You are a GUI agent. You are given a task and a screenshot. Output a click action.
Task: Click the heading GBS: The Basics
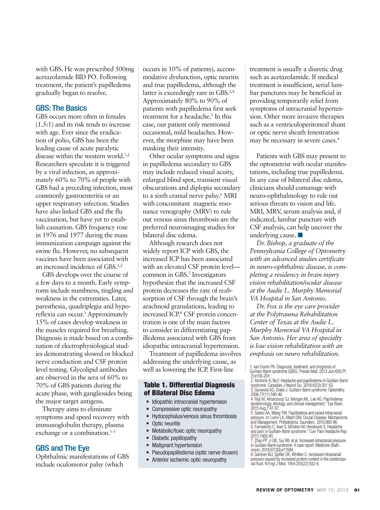[x=61, y=108]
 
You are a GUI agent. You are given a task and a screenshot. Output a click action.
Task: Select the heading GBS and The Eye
[x=62, y=448]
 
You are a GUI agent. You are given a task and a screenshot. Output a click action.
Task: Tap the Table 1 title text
[x=189, y=389]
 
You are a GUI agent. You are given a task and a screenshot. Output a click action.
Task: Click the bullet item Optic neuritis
[x=166, y=423]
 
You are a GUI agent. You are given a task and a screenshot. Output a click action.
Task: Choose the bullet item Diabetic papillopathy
[x=174, y=438]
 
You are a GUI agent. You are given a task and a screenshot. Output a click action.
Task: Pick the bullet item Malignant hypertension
[x=177, y=445]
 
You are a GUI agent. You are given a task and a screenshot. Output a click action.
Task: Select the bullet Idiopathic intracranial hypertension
[x=189, y=402]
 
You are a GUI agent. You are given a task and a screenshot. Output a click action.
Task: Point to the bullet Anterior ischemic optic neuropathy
[x=189, y=460]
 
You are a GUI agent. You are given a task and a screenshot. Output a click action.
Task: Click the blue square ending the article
[x=301, y=235]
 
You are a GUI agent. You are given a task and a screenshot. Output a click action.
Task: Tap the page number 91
[x=357, y=490]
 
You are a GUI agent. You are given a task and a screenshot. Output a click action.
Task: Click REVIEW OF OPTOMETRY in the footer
[x=285, y=490]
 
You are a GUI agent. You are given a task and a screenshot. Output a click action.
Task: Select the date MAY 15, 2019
[x=332, y=490]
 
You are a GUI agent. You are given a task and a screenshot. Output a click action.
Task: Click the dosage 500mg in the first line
[x=125, y=69]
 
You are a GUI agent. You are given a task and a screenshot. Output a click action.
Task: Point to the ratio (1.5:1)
[x=44, y=124]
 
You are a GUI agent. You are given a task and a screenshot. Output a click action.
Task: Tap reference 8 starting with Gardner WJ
[x=298, y=459]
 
